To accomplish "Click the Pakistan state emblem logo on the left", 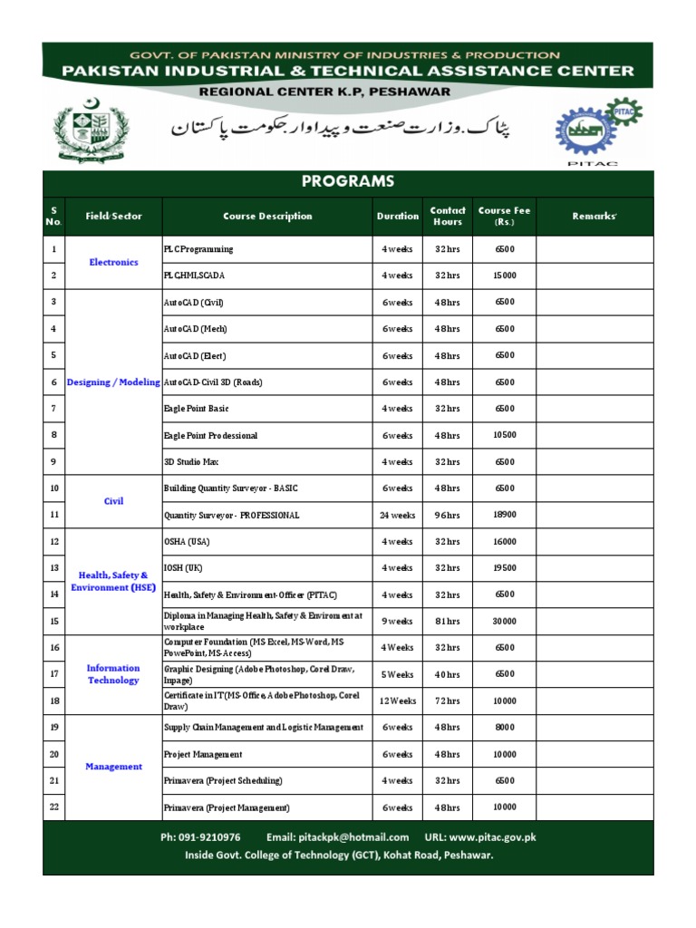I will (x=86, y=132).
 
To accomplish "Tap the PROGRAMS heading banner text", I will (x=348, y=181).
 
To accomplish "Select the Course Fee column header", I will (x=504, y=216).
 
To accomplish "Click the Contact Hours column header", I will (x=448, y=216).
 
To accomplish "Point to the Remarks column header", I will (x=594, y=216).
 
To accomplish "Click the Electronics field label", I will (x=113, y=262).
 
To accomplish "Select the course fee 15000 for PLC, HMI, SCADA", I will (x=505, y=275).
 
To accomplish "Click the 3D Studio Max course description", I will (x=191, y=462).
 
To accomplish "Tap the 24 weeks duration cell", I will (x=397, y=516).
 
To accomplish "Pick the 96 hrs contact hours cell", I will (x=447, y=516).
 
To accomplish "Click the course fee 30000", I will (x=505, y=622).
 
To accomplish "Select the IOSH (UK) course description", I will (x=183, y=568).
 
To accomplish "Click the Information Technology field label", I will (x=113, y=674).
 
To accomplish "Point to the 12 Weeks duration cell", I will (x=397, y=701).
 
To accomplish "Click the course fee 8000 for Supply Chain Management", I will (x=505, y=728).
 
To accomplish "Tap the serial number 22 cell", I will (x=54, y=807).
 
